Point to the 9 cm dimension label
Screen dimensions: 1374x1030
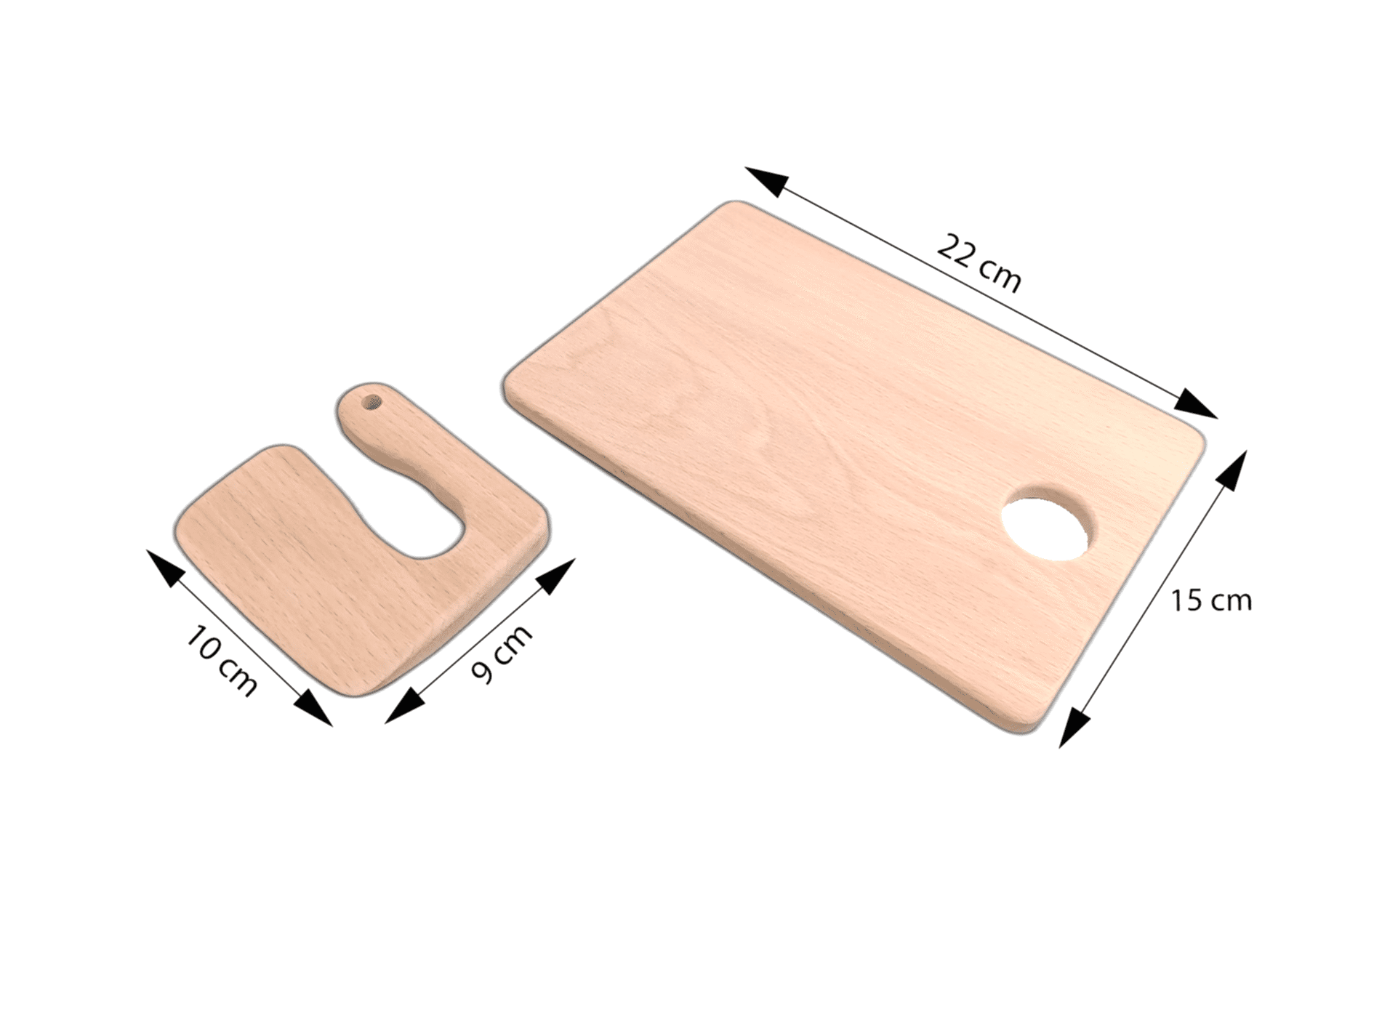(x=502, y=653)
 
